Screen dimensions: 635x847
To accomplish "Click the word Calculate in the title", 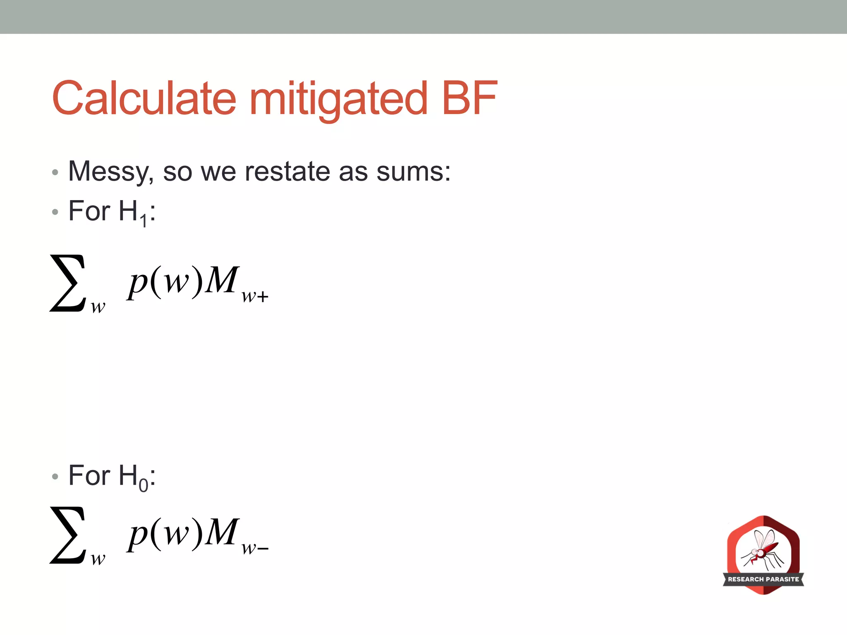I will (144, 98).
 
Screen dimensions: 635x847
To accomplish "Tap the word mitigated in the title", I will (338, 99).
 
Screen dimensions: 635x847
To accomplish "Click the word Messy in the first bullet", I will (111, 172).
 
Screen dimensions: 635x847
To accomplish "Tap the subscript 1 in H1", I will (143, 221).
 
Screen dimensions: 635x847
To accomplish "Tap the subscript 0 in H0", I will (143, 485).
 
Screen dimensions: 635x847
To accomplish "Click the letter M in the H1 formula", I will (222, 280).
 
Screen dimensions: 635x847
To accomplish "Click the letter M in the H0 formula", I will (222, 532).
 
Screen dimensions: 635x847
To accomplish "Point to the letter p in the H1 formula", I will (138, 283).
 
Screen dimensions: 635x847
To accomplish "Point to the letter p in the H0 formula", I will (138, 535).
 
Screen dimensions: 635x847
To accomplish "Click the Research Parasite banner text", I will (763, 579).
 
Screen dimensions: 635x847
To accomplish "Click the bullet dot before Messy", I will (55, 172).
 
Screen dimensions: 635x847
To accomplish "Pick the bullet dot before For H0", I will (55, 477).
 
